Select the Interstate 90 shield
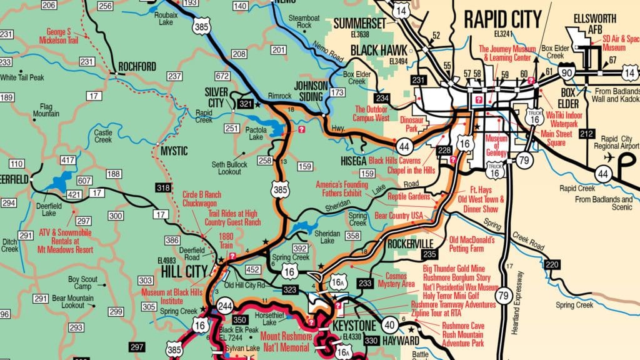567,72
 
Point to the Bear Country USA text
399,216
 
